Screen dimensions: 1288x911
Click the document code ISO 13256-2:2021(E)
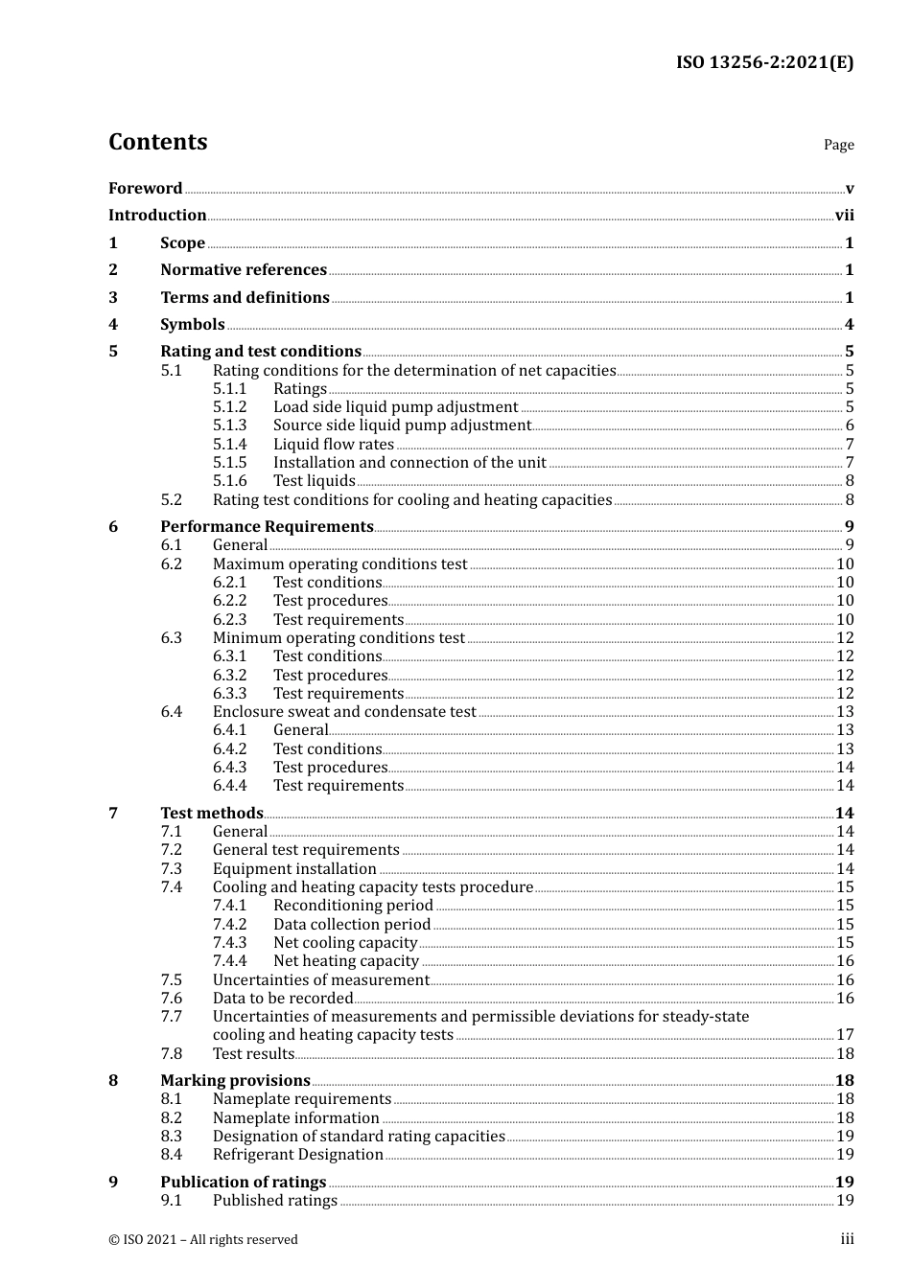764,63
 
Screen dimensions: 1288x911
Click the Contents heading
157,142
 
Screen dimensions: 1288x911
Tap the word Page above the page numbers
838,145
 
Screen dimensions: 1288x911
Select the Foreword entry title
145,189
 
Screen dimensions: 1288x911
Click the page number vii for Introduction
844,216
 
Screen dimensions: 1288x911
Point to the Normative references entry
244,270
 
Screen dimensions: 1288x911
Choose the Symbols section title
193,325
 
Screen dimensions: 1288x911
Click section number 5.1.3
229,425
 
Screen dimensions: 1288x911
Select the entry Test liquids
314,481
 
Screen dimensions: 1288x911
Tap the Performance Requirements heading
267,527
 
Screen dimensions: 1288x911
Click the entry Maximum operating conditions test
339,564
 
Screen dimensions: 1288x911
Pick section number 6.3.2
229,676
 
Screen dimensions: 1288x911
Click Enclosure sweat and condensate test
344,712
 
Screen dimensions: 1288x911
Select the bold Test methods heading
211,814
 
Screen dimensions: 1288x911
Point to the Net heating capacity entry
345,961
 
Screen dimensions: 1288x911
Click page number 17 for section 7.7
845,1035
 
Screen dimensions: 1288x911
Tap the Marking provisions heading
235,1081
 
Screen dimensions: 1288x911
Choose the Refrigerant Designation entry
297,1155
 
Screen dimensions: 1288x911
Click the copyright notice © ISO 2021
202,1240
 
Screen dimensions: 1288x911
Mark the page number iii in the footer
847,1239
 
